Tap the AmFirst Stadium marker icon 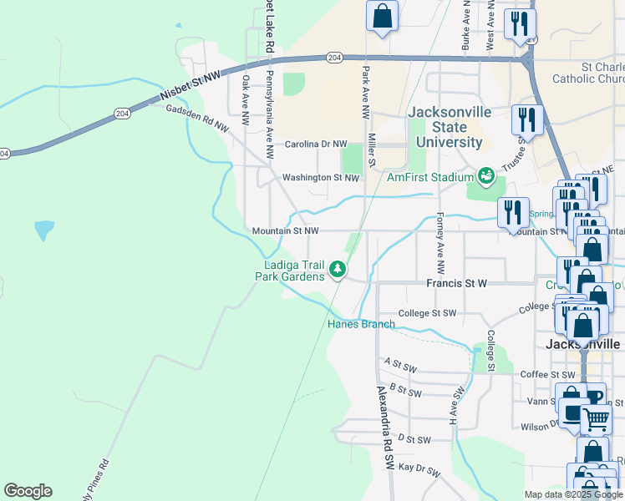click(484, 176)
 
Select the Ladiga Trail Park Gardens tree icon click(338, 269)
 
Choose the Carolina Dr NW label click(315, 144)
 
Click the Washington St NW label click(320, 178)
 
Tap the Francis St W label click(456, 284)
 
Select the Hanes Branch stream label click(360, 324)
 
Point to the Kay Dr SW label click(419, 469)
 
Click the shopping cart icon click(596, 418)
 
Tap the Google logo click(28, 491)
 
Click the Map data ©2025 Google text click(572, 494)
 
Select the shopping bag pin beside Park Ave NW click(382, 16)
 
